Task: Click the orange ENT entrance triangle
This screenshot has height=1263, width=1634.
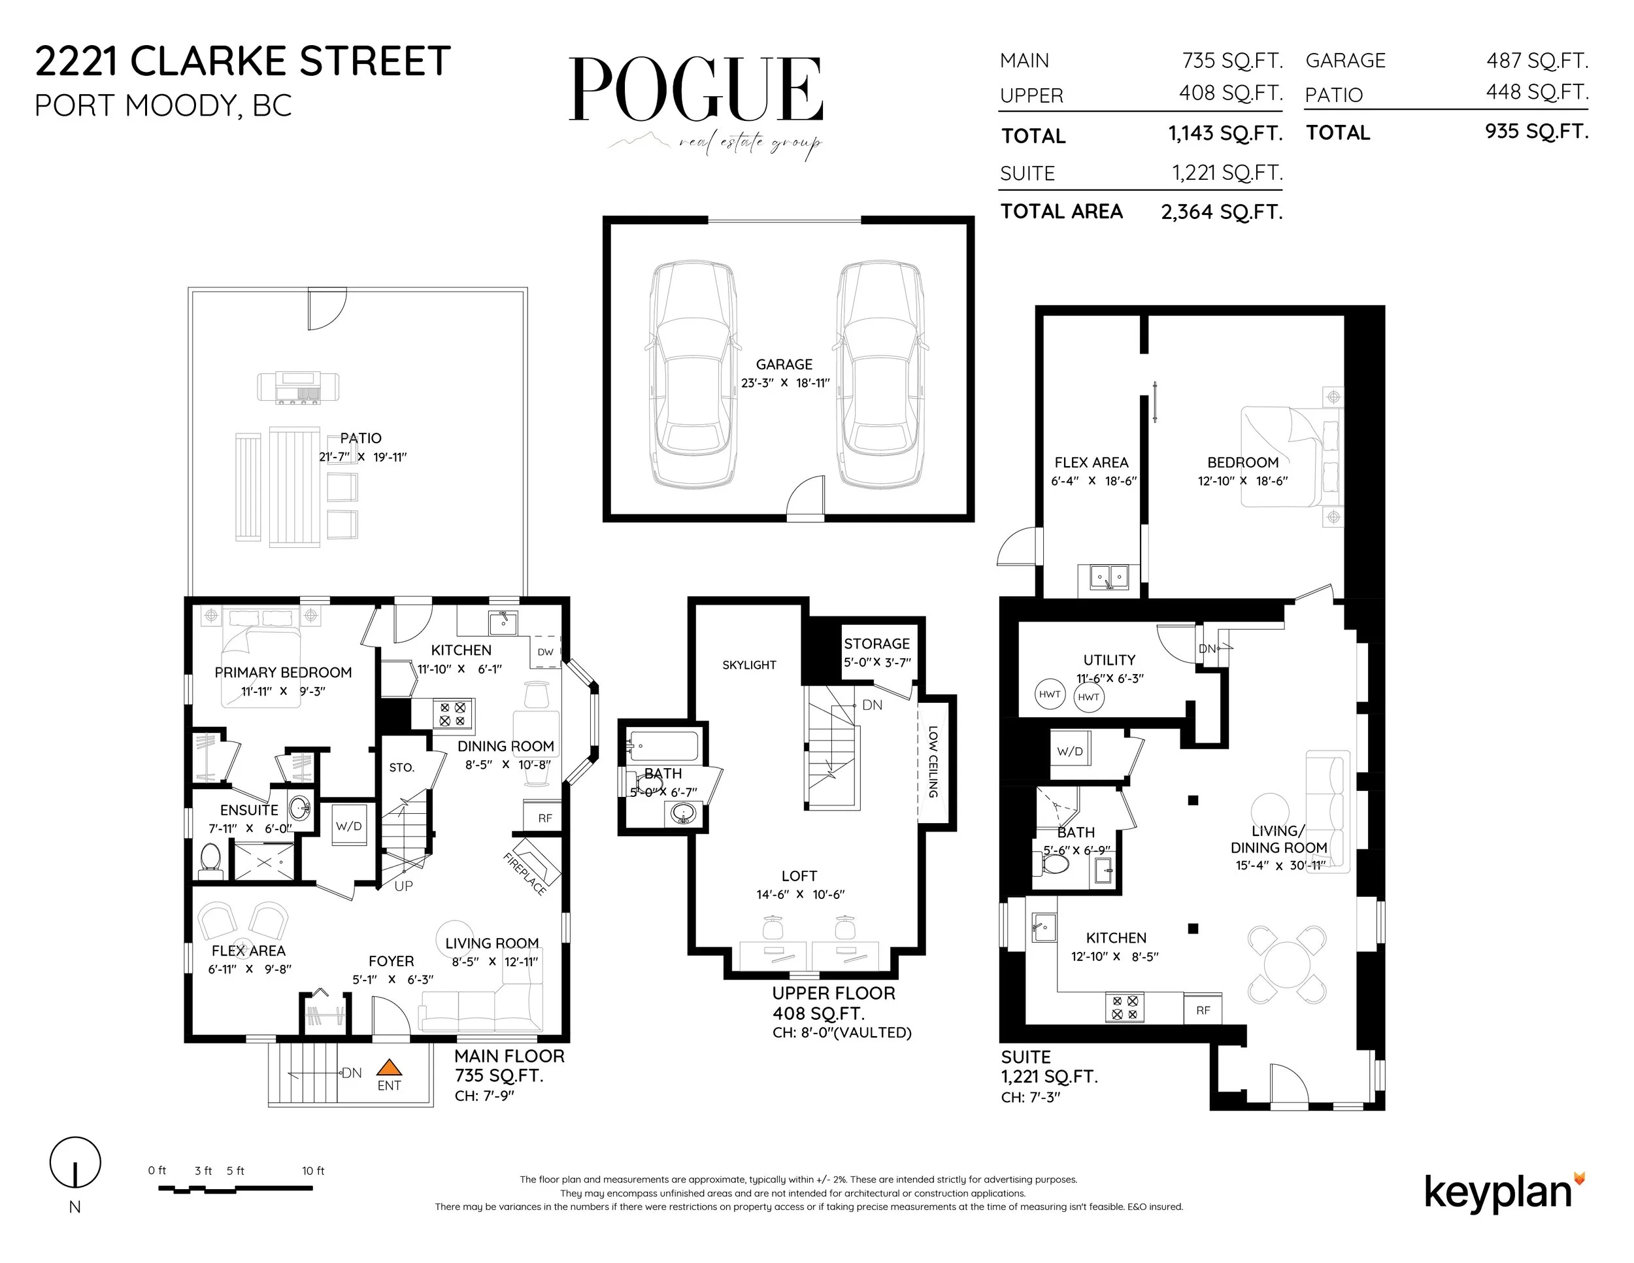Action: pyautogui.click(x=388, y=1068)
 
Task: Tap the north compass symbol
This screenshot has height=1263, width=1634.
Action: pyautogui.click(x=75, y=1162)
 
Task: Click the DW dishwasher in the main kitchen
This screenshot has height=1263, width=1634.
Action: pyautogui.click(x=545, y=652)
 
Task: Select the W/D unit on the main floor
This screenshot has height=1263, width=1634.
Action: pyautogui.click(x=348, y=827)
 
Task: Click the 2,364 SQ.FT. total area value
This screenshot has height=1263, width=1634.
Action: pyautogui.click(x=1221, y=212)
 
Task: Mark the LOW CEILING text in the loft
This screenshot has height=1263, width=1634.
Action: pyautogui.click(x=933, y=762)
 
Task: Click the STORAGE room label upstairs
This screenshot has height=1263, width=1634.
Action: pyautogui.click(x=877, y=643)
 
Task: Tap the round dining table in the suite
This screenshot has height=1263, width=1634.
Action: pyautogui.click(x=1287, y=964)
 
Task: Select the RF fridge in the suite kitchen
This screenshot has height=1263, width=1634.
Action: pyautogui.click(x=1203, y=1010)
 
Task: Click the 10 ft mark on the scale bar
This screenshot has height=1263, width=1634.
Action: pyautogui.click(x=312, y=1171)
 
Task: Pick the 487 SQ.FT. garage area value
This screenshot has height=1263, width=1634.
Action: pyautogui.click(x=1537, y=60)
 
